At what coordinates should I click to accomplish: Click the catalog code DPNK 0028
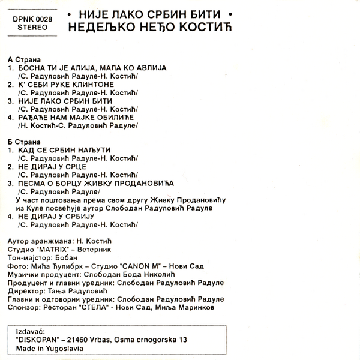[x=32, y=18]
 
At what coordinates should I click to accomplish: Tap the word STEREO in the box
[x=32, y=27]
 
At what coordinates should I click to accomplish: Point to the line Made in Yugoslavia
[x=51, y=348]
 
